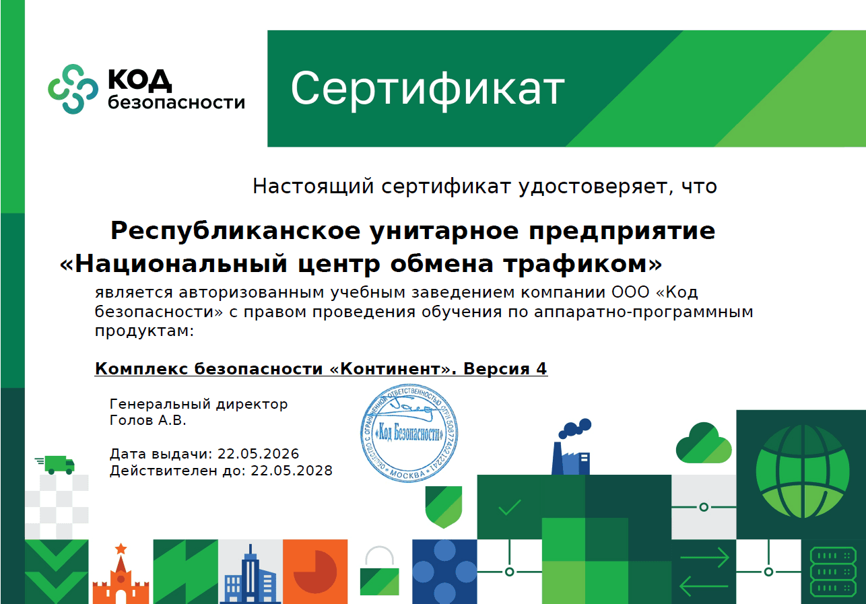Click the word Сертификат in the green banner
tap(428, 89)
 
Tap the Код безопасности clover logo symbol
tap(73, 89)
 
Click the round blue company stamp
tap(409, 433)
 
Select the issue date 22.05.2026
tap(259, 454)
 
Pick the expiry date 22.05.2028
tap(292, 471)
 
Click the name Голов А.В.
tap(147, 420)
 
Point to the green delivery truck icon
tap(55, 465)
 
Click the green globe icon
tap(803, 471)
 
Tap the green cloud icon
tap(704, 443)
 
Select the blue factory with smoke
tap(572, 447)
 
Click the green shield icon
tap(444, 507)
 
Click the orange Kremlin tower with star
tap(121, 574)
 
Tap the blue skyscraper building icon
tap(250, 574)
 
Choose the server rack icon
tap(832, 572)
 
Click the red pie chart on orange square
tap(315, 572)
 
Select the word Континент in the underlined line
tap(390, 368)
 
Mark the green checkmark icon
tap(510, 507)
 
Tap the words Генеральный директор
tap(199, 405)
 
